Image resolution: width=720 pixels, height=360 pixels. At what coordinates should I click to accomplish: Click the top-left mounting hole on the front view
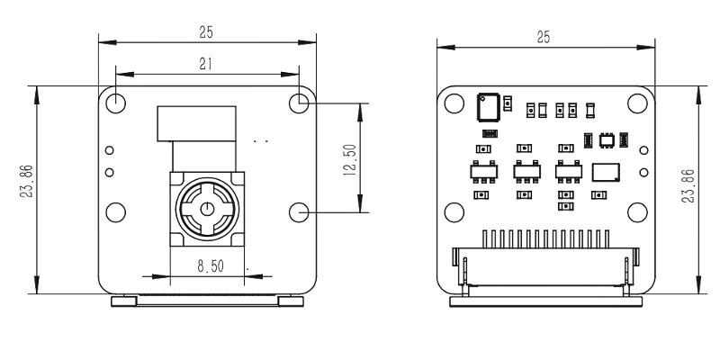coord(115,103)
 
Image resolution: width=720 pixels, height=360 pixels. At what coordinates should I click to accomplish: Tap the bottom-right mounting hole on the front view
coord(301,211)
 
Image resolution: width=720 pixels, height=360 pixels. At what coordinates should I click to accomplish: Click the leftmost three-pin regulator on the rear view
coord(481,170)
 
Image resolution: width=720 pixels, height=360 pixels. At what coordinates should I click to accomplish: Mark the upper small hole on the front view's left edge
coord(110,150)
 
